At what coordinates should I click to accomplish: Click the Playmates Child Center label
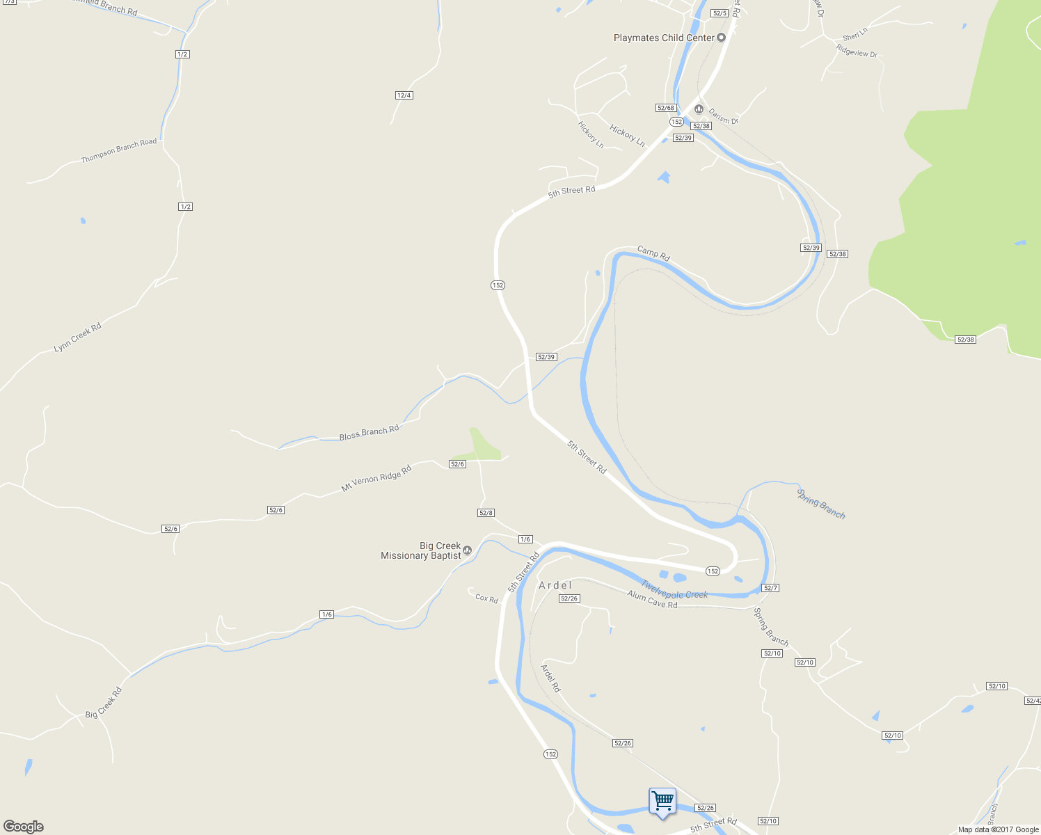[664, 38]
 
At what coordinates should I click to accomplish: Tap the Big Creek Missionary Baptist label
[421, 550]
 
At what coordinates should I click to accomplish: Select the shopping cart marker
[662, 802]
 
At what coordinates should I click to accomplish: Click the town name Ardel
[555, 585]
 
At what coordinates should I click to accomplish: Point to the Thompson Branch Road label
[119, 150]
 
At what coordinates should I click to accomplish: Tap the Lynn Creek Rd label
[77, 337]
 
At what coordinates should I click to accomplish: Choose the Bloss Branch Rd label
[369, 433]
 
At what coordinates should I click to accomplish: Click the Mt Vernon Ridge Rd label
[376, 479]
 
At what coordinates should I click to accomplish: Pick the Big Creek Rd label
[104, 703]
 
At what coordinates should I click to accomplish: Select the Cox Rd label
[486, 598]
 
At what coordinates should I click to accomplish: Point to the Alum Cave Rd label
[652, 599]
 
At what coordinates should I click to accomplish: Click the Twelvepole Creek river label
[674, 590]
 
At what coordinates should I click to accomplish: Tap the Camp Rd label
[653, 253]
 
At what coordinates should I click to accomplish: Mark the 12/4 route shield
[404, 95]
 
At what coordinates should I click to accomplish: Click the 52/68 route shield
[666, 108]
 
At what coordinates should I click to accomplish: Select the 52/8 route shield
[486, 513]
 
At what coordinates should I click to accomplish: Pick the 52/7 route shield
[770, 588]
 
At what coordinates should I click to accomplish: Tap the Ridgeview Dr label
[857, 51]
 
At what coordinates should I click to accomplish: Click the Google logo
[24, 827]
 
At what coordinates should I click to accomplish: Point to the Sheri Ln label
[855, 34]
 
